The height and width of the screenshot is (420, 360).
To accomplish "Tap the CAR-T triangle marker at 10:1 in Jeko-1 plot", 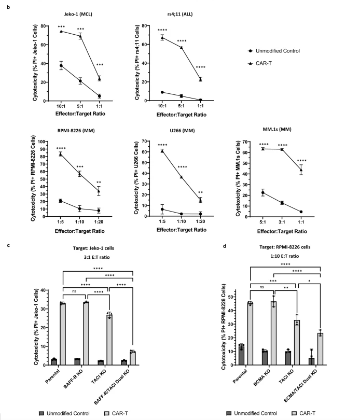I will coord(62,31).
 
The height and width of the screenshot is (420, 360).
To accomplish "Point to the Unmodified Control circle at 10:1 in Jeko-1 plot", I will coord(62,65).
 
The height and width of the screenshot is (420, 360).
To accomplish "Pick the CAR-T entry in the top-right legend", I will coord(266,63).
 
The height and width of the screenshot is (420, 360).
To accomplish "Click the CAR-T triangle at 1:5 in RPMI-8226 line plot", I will coord(61,154).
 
